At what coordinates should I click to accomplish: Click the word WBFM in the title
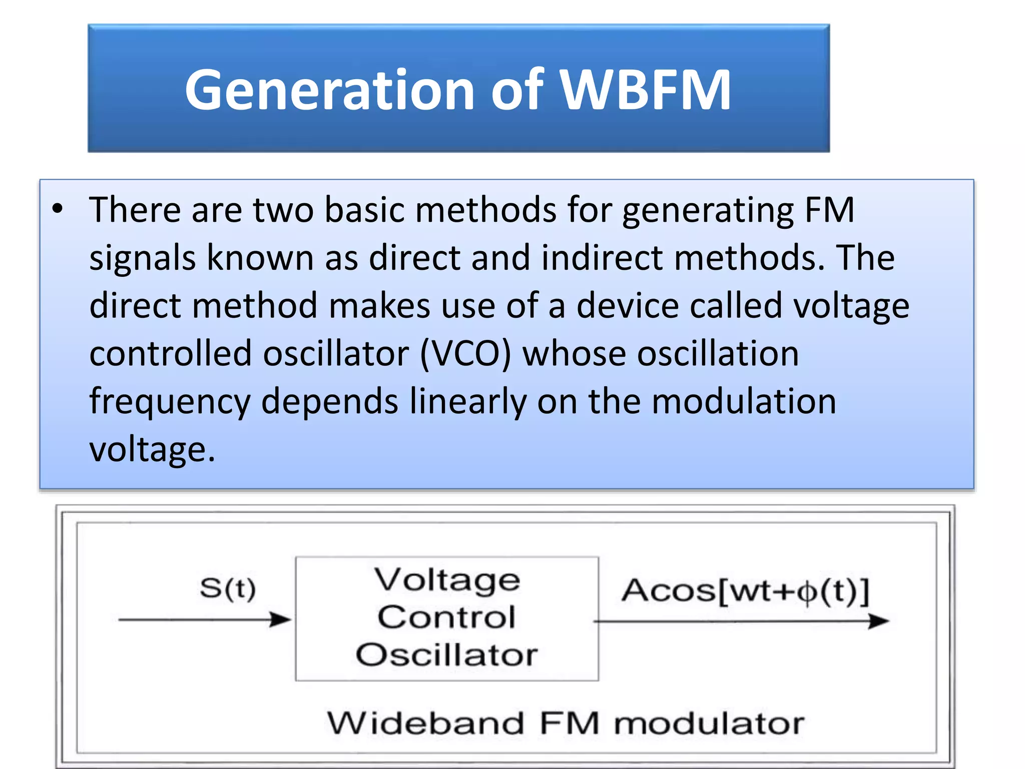point(645,90)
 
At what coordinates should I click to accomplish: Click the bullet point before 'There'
point(58,209)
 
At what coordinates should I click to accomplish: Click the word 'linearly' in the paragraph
point(468,402)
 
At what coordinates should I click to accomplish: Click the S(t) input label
point(228,588)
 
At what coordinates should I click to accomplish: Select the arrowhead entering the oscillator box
point(280,619)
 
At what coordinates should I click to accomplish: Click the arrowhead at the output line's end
point(878,621)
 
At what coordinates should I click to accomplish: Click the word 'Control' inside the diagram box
point(446,617)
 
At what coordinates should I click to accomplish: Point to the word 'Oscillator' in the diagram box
point(446,654)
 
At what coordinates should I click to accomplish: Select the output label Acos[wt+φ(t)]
point(745,591)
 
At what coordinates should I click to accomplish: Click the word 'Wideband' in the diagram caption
point(425,723)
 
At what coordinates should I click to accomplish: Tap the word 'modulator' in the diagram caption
point(709,723)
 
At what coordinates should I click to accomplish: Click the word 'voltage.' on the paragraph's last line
point(152,450)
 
